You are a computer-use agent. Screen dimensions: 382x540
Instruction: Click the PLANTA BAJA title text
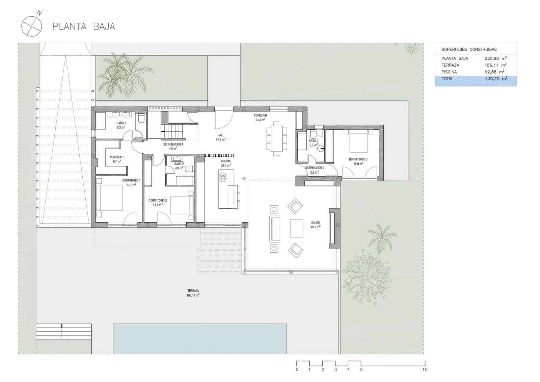[x=84, y=26]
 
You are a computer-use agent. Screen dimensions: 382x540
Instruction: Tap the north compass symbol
[x=31, y=26]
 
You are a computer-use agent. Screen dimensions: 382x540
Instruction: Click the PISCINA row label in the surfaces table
[x=449, y=72]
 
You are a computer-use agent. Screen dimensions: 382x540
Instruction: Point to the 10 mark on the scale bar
[x=425, y=370]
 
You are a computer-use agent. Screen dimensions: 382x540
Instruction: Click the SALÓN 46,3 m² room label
[x=315, y=225]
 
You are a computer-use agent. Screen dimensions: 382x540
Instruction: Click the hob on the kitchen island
[x=223, y=177]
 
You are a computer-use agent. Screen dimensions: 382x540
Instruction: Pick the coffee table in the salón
[x=297, y=228]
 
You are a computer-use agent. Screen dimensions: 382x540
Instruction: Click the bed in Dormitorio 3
[x=358, y=143]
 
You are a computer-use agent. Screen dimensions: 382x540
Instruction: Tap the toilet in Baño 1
[x=141, y=118]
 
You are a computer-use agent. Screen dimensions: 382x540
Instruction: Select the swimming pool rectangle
[x=200, y=339]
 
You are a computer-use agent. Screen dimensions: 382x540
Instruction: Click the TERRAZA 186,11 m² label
[x=193, y=293]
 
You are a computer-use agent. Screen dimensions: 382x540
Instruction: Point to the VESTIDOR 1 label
[x=117, y=159]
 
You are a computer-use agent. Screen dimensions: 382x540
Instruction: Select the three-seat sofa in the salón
[x=275, y=229]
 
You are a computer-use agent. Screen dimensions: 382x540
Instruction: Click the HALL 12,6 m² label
[x=221, y=137]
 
